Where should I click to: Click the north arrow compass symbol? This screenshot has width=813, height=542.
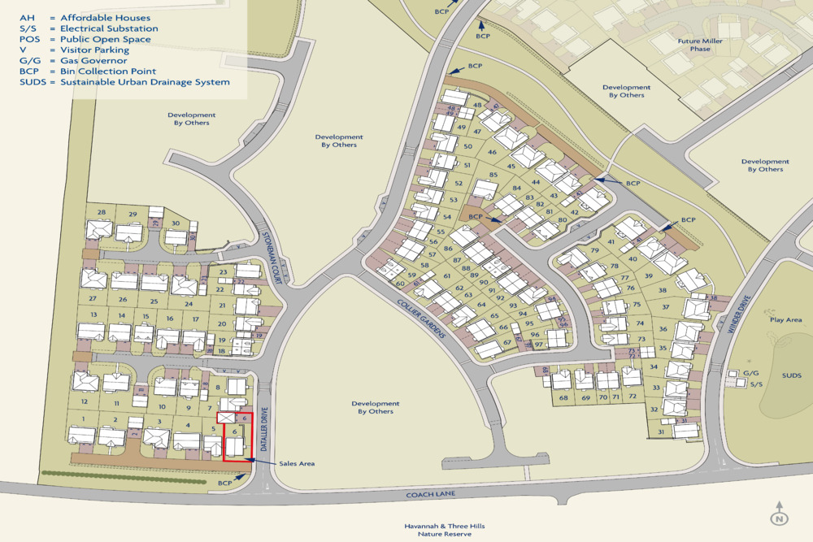(x=779, y=514)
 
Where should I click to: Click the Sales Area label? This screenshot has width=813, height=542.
(x=296, y=463)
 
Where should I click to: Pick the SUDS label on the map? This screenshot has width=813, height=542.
(x=791, y=376)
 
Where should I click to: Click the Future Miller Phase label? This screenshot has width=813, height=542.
(x=693, y=44)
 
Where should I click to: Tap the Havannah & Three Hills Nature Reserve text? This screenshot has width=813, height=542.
(x=444, y=530)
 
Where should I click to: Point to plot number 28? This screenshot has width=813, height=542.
(x=102, y=213)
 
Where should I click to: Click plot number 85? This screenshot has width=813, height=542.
(x=493, y=176)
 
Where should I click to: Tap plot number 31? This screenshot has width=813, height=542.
(x=661, y=432)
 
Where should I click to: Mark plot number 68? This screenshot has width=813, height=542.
(x=564, y=398)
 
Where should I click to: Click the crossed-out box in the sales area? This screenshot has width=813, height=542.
(x=226, y=418)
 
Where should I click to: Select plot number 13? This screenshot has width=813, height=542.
(x=94, y=315)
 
